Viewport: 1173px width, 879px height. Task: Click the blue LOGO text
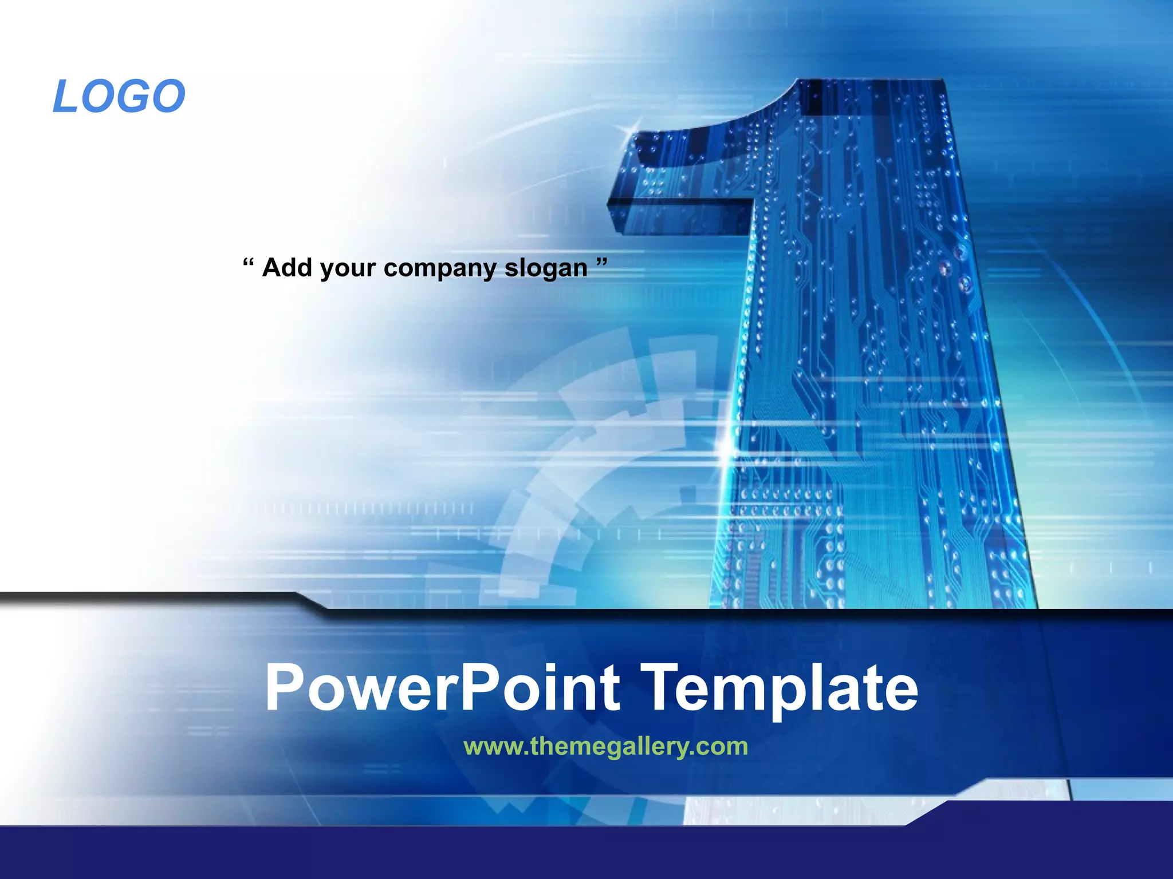pyautogui.click(x=119, y=96)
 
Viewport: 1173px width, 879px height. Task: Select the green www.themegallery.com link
pyautogui.click(x=605, y=746)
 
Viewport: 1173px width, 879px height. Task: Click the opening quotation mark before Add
pyautogui.click(x=247, y=264)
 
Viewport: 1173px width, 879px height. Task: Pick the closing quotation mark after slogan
pyautogui.click(x=601, y=263)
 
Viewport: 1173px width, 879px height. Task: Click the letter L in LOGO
pyautogui.click(x=65, y=96)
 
